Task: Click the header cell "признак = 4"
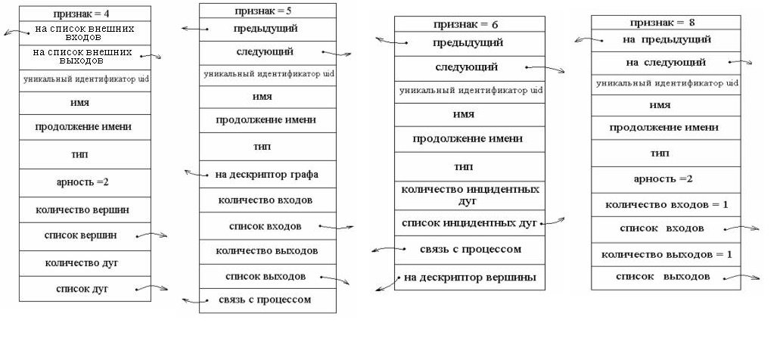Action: (85, 13)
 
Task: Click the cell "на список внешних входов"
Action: (85, 33)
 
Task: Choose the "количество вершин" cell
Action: (85, 209)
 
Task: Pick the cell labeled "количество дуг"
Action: (85, 263)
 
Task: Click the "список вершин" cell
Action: (85, 236)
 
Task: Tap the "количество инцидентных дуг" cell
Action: (469, 194)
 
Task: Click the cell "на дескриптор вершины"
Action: (469, 278)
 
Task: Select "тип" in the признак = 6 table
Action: (469, 166)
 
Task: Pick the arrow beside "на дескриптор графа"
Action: (195, 174)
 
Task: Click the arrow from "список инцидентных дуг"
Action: (554, 222)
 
